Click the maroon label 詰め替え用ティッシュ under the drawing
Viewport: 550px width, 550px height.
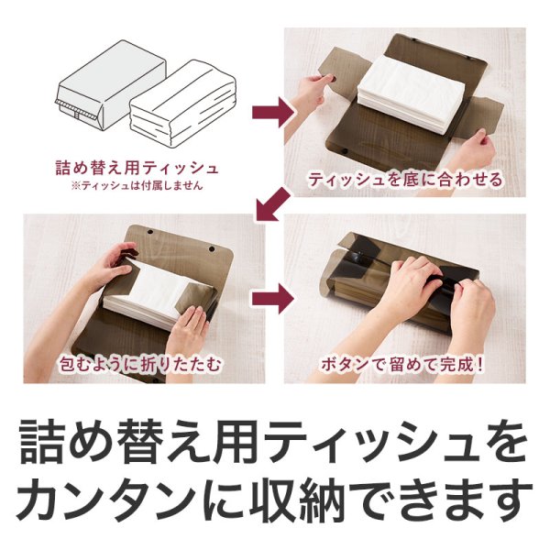(136, 168)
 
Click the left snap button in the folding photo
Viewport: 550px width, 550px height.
(131, 247)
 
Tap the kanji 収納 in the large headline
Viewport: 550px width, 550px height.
(302, 500)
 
